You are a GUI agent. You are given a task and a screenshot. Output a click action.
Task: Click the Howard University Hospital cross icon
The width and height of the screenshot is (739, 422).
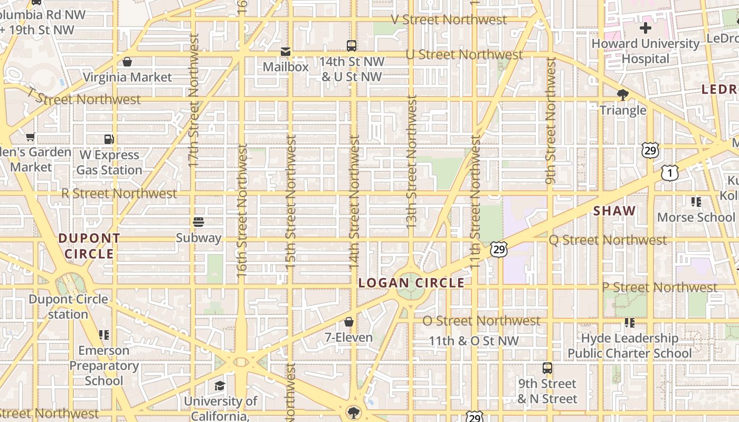[645, 28]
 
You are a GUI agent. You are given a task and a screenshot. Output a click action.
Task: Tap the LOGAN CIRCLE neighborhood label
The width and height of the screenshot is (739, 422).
[411, 283]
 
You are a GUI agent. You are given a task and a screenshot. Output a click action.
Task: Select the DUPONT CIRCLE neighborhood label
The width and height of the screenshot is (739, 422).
[89, 246]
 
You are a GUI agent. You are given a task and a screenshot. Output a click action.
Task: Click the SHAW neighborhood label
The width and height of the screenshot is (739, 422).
[614, 211]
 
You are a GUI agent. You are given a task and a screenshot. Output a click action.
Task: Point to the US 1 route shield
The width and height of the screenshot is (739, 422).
[669, 172]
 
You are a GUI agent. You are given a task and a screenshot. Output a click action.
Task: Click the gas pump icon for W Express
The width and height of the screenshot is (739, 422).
[109, 139]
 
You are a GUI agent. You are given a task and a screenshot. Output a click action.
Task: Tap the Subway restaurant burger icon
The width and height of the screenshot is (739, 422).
[198, 222]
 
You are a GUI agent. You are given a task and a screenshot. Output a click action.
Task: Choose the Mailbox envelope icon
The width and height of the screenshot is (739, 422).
[286, 51]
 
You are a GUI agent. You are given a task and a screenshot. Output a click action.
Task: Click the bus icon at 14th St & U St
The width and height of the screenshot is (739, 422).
[352, 45]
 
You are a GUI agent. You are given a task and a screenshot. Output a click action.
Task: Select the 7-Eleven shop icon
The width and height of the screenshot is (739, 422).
[349, 322]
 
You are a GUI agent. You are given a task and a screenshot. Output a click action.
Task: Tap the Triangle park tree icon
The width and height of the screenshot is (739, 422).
[623, 95]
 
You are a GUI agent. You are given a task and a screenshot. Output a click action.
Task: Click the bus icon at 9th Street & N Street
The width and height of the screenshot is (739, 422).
[547, 368]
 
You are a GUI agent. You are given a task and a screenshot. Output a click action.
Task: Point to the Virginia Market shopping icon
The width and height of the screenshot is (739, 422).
[127, 62]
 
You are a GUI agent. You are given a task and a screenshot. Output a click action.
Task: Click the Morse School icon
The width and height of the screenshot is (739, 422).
[696, 202]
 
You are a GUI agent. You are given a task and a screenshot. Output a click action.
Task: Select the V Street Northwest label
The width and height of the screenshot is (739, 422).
[449, 20]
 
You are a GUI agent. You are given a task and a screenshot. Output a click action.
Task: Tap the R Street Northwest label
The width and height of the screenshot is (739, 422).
[119, 193]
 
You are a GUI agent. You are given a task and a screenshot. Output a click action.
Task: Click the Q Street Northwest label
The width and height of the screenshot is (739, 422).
[608, 240]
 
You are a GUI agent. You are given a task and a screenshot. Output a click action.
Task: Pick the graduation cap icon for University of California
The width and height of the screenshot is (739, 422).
[220, 386]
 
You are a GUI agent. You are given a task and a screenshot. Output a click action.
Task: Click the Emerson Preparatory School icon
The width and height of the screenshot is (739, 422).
[104, 335]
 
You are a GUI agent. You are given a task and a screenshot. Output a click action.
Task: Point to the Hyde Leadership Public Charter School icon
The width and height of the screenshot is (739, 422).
[629, 322]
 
